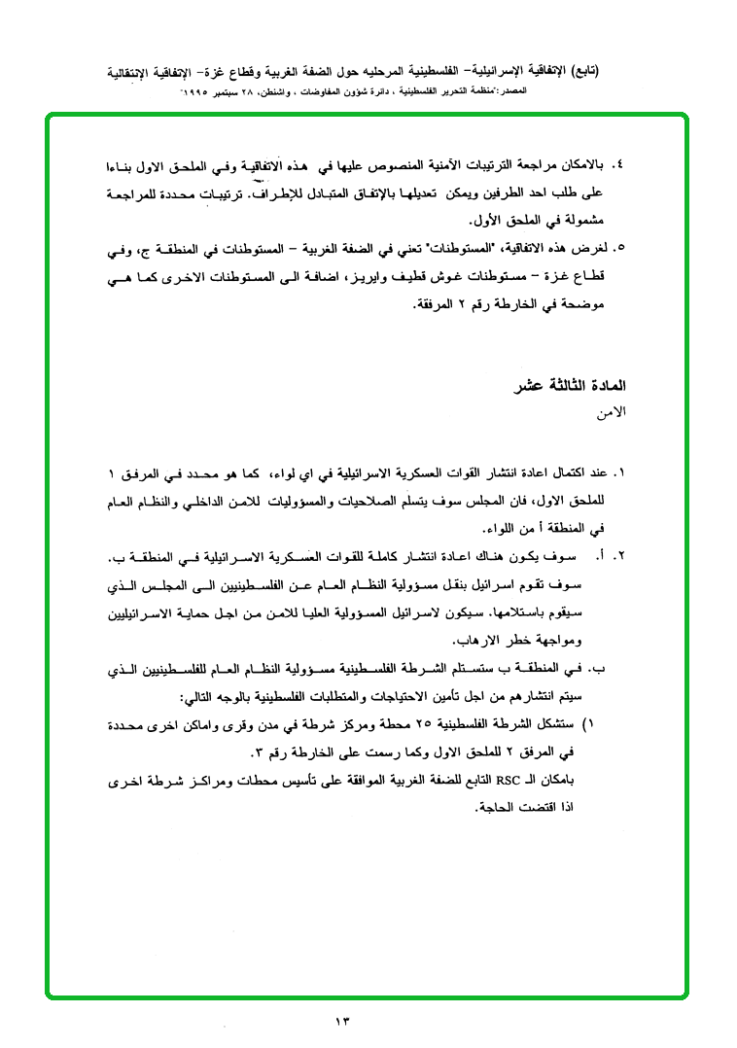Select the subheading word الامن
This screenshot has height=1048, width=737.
tap(610, 412)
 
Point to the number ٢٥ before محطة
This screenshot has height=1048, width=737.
tap(456, 725)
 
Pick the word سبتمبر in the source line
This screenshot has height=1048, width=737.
tap(245, 89)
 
